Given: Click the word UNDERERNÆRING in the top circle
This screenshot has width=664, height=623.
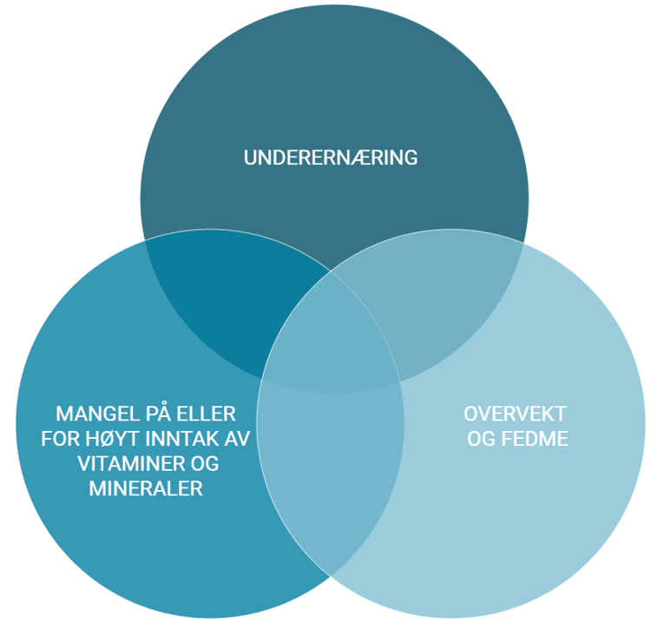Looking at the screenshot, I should tap(331, 158).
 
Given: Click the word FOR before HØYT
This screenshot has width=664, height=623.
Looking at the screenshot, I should tap(60, 439).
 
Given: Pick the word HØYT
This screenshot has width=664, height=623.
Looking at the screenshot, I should tap(108, 439).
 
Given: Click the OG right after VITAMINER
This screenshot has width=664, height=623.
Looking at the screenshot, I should tap(203, 464).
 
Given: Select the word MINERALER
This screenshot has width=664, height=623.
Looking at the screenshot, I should tap(146, 489).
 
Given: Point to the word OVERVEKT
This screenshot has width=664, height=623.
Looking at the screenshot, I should tap(516, 413).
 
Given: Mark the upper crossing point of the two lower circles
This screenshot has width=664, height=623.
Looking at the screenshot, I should tap(331, 271).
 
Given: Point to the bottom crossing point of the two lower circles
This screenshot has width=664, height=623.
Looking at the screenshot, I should tap(331, 575).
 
